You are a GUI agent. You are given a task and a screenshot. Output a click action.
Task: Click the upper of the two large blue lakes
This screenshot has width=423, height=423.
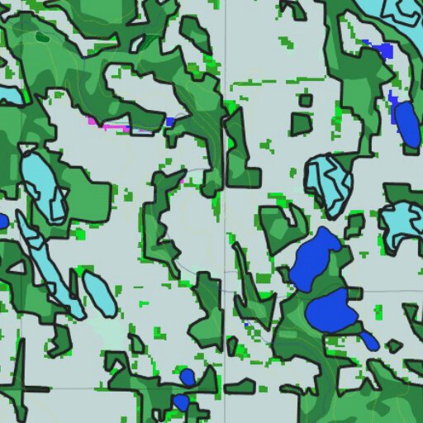coord(315,259)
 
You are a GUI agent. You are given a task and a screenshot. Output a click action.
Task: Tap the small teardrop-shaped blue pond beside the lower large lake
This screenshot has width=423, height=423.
coord(369,340)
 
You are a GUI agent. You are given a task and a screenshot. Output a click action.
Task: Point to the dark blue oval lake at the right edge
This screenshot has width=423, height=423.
coord(407,125)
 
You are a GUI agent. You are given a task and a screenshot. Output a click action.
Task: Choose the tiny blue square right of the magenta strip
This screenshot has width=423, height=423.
coord(169,121)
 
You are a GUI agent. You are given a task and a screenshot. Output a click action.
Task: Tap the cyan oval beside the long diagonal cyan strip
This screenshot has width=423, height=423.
coord(98,292)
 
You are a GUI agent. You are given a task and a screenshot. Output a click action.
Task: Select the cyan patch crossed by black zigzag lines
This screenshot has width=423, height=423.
coord(328,183)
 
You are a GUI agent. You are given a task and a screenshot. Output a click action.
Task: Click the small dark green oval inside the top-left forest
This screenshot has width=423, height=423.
coord(42,37)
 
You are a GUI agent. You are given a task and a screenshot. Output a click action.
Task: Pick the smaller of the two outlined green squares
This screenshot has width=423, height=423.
coord(306,101)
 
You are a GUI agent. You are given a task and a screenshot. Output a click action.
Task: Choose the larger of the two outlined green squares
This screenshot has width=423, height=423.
coord(302,125)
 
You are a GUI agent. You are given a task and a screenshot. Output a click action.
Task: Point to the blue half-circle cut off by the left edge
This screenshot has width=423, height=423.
coord(2,221)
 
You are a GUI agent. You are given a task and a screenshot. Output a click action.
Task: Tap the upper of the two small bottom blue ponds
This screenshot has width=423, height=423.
coord(188,377)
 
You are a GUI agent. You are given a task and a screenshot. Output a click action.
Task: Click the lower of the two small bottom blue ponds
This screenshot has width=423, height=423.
coord(180,402)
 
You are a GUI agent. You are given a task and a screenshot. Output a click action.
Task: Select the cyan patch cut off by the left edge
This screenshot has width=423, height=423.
coord(8,95)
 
